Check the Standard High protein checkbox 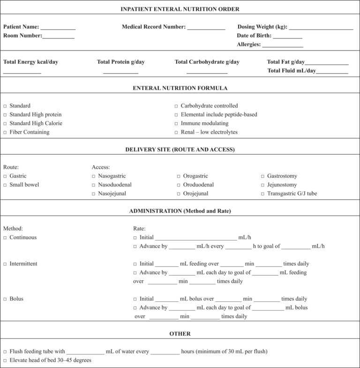pos(5,115)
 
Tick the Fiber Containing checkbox pos(5,132)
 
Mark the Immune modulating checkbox pos(176,124)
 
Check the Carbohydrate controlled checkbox pos(176,106)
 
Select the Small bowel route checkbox pos(5,185)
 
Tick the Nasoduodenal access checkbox pos(94,185)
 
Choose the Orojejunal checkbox pos(179,194)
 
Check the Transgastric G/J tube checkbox pos(263,194)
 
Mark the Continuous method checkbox pos(5,238)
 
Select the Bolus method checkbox pos(5,299)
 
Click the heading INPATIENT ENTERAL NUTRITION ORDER pos(180,9)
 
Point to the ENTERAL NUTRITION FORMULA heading pos(180,88)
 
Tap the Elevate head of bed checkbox pos(5,360)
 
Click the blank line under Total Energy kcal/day pos(22,72)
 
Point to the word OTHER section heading pos(180,334)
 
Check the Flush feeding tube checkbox pos(5,352)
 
